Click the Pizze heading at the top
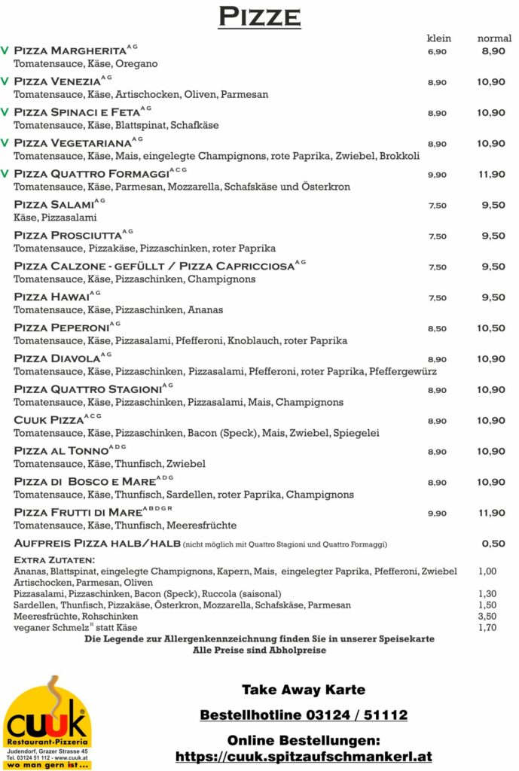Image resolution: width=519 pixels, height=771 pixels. pyautogui.click(x=259, y=16)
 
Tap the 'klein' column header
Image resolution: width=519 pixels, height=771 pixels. pyautogui.click(x=438, y=38)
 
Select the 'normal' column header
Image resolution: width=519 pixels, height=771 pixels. pyautogui.click(x=494, y=38)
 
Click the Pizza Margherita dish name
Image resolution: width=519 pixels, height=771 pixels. pyautogui.click(x=70, y=50)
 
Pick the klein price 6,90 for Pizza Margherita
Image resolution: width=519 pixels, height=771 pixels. pyautogui.click(x=437, y=51)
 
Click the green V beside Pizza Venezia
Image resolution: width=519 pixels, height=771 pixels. pyautogui.click(x=5, y=81)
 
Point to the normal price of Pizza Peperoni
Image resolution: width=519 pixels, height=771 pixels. pyautogui.click(x=491, y=328)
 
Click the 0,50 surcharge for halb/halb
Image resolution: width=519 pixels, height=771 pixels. pyautogui.click(x=493, y=544)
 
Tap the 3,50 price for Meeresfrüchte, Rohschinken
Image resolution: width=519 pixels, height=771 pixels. pyautogui.click(x=487, y=616)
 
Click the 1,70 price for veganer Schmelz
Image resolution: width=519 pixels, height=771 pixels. pyautogui.click(x=487, y=627)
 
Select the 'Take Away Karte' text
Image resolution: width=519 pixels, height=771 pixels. pyautogui.click(x=304, y=689)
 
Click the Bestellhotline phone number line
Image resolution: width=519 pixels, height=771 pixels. pyautogui.click(x=304, y=715)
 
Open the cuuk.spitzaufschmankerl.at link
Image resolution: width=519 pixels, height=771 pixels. pyautogui.click(x=304, y=756)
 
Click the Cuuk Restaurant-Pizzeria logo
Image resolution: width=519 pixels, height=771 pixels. pyautogui.click(x=47, y=723)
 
